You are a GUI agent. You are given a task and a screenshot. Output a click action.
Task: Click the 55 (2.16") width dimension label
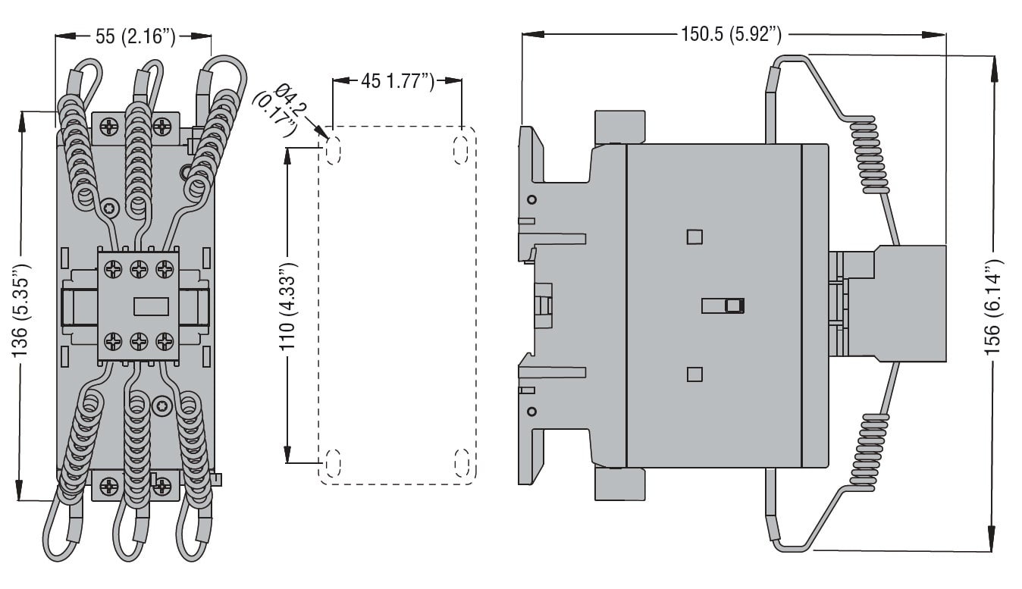(x=134, y=36)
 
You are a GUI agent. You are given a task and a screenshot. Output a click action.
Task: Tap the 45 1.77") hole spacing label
(x=397, y=80)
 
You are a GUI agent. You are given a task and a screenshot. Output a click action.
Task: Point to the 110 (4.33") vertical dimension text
(x=287, y=305)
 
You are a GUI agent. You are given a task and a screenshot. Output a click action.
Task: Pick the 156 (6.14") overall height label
(x=993, y=303)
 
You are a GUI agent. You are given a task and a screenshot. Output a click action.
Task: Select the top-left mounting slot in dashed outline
(x=333, y=151)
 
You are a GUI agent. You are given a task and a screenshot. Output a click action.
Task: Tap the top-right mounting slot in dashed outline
(x=461, y=151)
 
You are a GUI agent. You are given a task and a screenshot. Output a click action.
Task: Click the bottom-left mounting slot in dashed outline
(x=333, y=462)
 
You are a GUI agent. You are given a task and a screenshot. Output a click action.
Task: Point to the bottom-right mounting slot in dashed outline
(x=461, y=462)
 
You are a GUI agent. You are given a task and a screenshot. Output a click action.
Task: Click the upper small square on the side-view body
(x=694, y=237)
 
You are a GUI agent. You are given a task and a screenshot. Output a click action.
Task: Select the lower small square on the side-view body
(x=694, y=374)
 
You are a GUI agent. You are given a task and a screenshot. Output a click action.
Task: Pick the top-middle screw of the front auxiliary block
(x=139, y=268)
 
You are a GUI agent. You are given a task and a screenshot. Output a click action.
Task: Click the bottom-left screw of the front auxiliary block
(x=113, y=341)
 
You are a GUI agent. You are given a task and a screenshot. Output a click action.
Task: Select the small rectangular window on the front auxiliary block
(x=150, y=306)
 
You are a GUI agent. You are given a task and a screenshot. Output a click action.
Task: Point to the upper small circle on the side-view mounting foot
(x=531, y=200)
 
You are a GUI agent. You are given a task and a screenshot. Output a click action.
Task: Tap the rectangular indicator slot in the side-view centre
(x=723, y=305)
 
